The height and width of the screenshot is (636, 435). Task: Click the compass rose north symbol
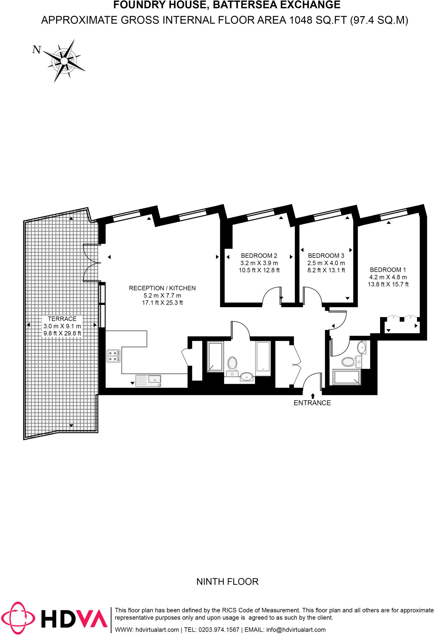[x=64, y=61]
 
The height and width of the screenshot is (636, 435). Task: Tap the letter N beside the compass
[x=37, y=49]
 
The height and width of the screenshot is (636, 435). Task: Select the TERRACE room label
[x=62, y=319]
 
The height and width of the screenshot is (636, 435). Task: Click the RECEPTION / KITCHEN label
[x=162, y=288]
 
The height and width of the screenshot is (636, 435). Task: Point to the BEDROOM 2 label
[x=259, y=256]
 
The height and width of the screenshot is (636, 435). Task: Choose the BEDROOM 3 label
[x=326, y=256]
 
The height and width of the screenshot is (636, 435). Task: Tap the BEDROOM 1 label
[x=388, y=270]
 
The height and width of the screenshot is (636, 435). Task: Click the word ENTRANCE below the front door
[x=312, y=403]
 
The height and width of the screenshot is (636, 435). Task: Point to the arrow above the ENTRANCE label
[x=313, y=396]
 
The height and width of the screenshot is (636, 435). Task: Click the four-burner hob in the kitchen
[x=113, y=356]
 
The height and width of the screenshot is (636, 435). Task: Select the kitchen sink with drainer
[x=148, y=380]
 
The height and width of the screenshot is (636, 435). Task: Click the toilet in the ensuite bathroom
[x=349, y=361]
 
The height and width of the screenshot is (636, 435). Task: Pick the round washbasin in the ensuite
[x=361, y=348]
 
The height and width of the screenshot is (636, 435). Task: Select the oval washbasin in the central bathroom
[x=247, y=376]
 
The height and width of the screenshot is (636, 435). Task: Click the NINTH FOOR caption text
[x=227, y=581]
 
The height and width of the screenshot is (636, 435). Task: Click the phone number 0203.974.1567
[x=219, y=629]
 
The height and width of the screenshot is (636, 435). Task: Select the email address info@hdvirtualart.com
[x=296, y=629]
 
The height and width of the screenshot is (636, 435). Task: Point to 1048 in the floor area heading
[x=301, y=20]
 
